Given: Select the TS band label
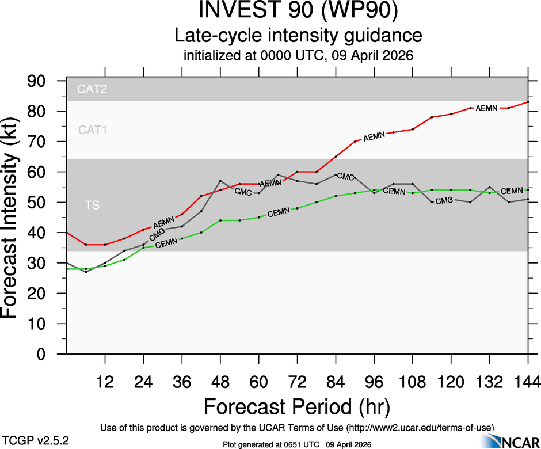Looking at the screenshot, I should click(92, 205).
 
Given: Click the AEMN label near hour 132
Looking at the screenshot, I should click(486, 108).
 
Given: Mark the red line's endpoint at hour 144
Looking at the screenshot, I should click(528, 102).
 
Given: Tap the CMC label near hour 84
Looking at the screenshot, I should click(345, 176).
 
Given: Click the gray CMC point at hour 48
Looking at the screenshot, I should click(220, 181).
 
